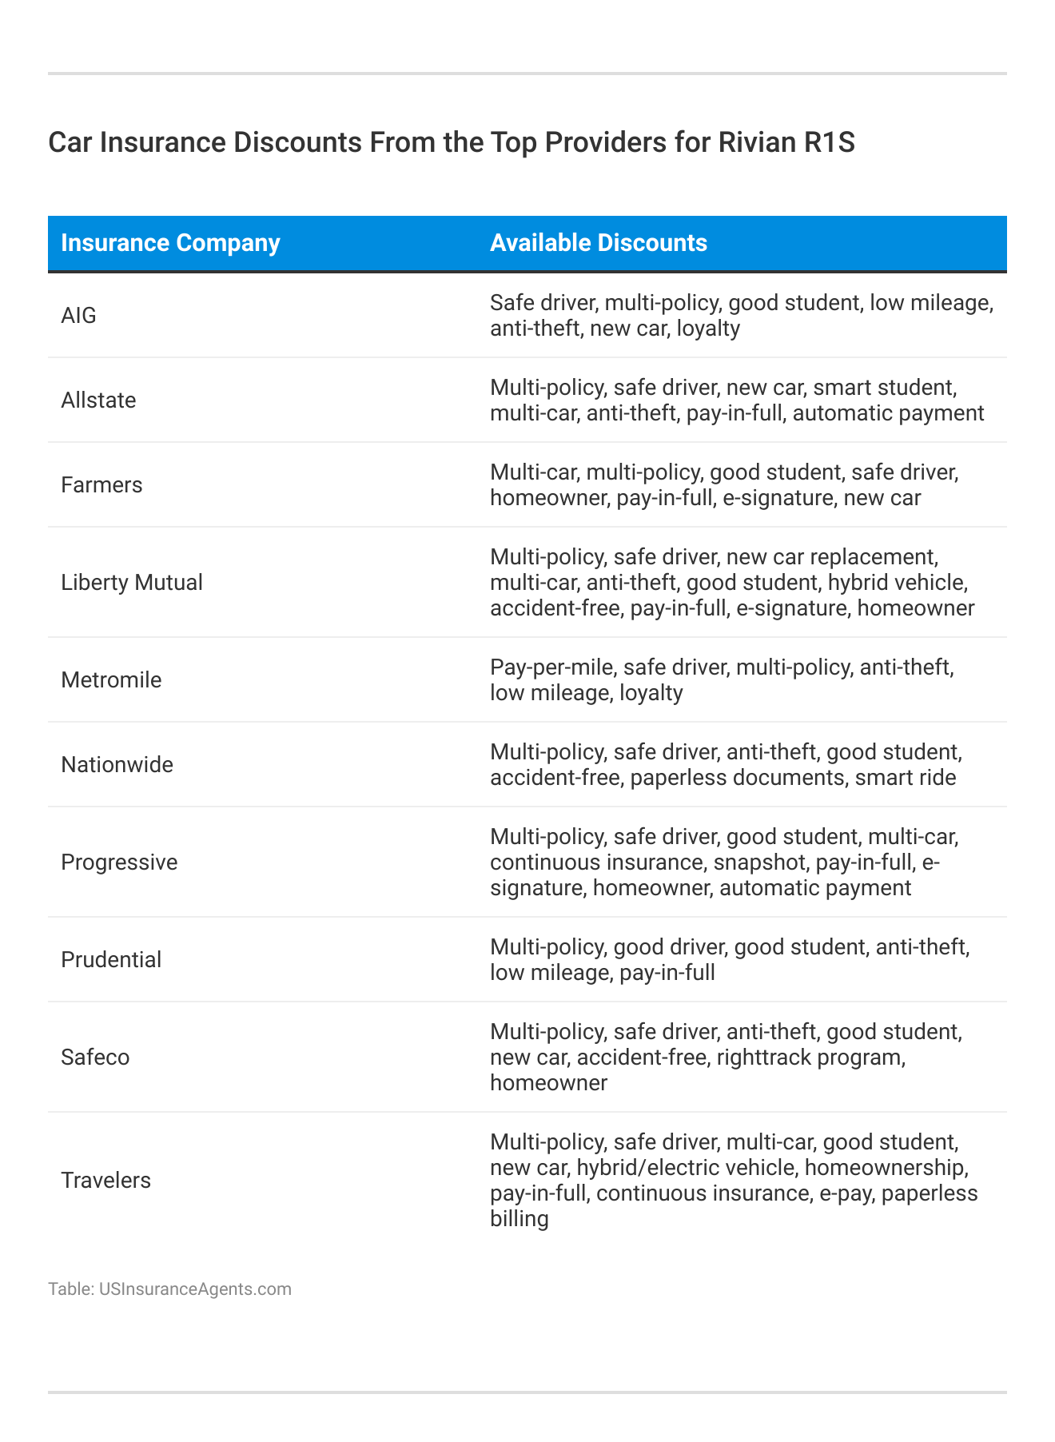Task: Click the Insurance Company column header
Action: (x=170, y=243)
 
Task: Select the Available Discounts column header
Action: (x=598, y=243)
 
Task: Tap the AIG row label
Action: (x=78, y=316)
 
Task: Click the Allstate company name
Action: (x=98, y=400)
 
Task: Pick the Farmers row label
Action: (x=102, y=485)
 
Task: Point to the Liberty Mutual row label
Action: (x=132, y=583)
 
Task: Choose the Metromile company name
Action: (x=111, y=680)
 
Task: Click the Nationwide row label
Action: (x=117, y=765)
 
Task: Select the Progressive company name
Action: (x=119, y=862)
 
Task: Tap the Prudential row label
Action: (x=111, y=960)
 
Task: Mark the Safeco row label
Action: (x=95, y=1058)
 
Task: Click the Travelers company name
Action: (x=105, y=1181)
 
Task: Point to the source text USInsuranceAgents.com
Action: (x=195, y=1289)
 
